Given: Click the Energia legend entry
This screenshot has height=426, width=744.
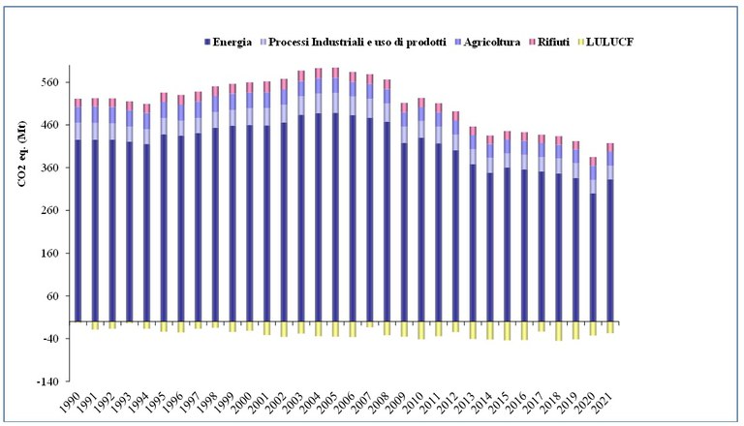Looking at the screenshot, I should (232, 42).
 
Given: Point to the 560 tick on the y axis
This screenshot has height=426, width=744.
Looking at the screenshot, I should (51, 82).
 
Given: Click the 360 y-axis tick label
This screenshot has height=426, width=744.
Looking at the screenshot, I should (51, 167).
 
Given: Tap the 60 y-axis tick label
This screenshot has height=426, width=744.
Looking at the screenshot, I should (54, 295).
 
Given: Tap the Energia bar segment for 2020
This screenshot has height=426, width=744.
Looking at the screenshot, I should (593, 257).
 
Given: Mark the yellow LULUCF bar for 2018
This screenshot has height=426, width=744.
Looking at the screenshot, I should (559, 330).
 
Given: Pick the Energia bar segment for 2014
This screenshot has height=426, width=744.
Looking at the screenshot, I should (490, 246).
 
